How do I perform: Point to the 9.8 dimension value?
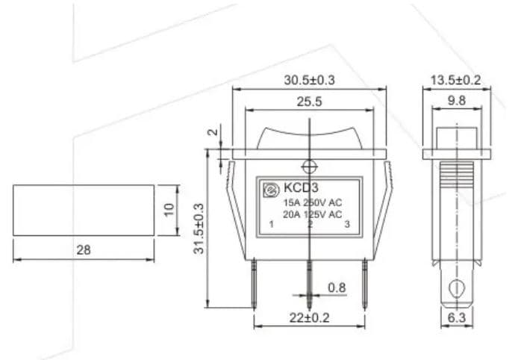tap(456, 99)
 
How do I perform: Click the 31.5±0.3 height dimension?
tap(199, 228)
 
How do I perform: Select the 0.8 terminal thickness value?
tap(337, 288)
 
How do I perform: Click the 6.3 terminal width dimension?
tap(456, 318)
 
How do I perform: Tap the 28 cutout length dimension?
tap(83, 250)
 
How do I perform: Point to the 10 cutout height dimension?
tap(169, 210)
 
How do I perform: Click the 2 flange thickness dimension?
tap(213, 134)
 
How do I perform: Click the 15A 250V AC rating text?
tap(312, 202)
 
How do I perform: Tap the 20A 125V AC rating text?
tap(312, 214)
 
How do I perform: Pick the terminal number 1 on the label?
tap(269, 224)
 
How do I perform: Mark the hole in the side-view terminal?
tap(456, 287)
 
